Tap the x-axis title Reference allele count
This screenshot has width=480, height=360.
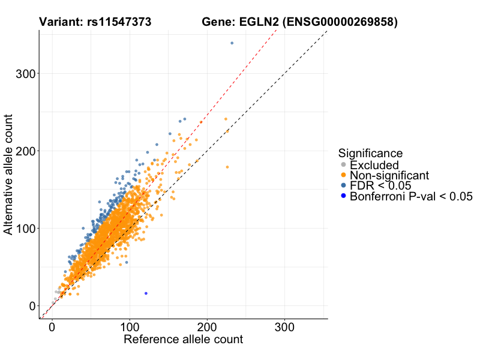click(183, 340)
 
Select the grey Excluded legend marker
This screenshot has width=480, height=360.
click(343, 165)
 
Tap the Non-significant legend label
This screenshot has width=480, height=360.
click(389, 176)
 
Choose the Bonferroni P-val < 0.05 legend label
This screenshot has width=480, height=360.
click(412, 196)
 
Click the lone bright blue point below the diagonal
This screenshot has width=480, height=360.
click(146, 293)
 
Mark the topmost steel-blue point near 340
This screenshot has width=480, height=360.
click(232, 43)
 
